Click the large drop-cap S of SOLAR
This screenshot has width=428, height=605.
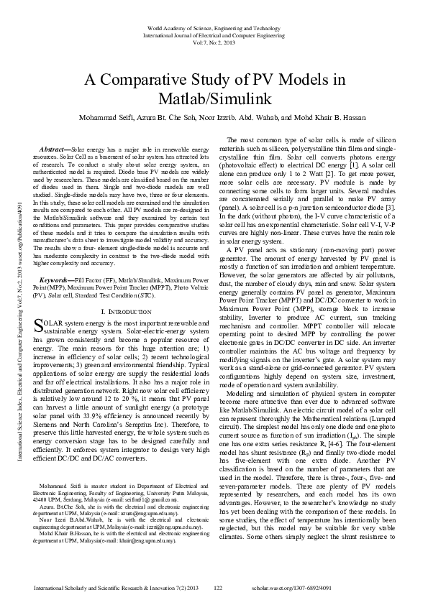click(39, 326)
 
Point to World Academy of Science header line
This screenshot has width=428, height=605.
click(214, 27)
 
